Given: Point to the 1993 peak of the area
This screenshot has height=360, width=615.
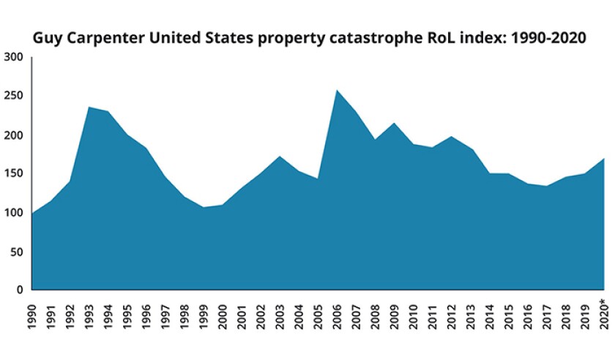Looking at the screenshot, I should (89, 108).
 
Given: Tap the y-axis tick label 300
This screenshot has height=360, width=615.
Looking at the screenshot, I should (14, 57).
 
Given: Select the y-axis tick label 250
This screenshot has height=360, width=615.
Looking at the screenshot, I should (14, 96).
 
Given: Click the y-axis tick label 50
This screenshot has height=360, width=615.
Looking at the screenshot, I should (17, 252).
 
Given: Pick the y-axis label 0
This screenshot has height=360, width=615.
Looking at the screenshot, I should (20, 290).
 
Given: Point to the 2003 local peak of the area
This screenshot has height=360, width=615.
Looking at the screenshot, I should (279, 157).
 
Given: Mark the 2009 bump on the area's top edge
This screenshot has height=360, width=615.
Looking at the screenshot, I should (393, 123).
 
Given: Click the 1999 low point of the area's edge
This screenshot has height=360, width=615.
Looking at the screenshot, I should (203, 207).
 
